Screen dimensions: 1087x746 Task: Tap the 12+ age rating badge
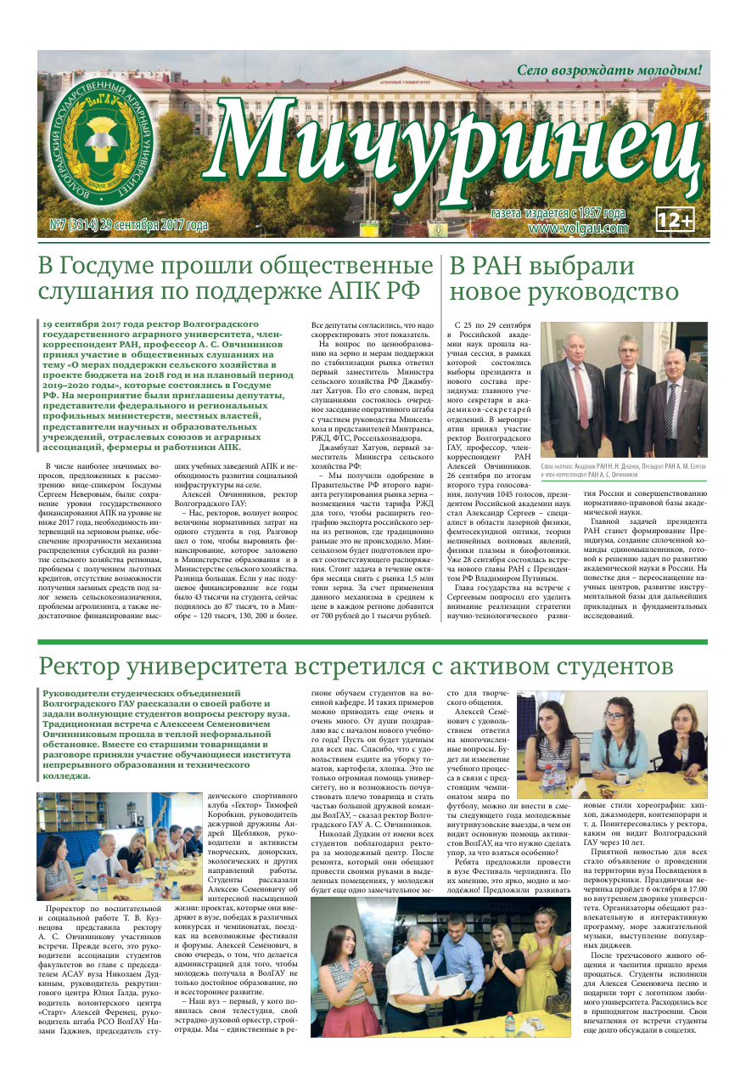pos(676,220)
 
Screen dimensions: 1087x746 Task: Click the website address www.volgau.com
pos(578,228)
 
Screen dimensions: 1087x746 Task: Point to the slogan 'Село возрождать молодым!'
pos(610,70)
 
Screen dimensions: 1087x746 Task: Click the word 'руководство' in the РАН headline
pos(604,292)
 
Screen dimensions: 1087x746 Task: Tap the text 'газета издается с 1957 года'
pos(558,213)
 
